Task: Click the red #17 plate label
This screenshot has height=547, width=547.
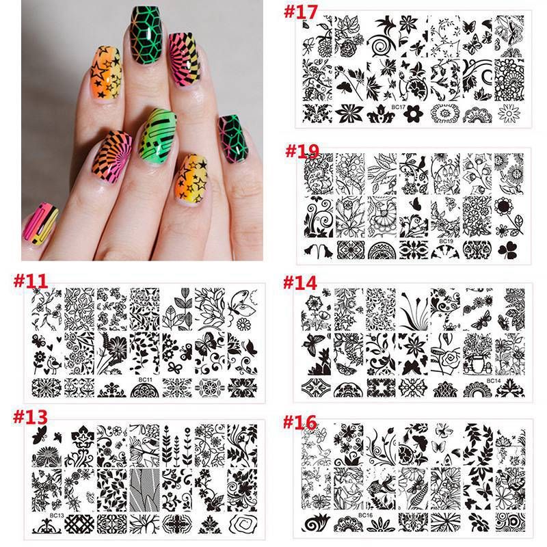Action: tap(300, 12)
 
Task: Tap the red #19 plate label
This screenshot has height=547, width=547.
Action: tap(302, 151)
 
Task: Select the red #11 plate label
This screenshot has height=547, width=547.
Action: tap(30, 281)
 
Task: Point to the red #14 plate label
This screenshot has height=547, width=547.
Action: tap(300, 282)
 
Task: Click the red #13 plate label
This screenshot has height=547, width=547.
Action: tap(30, 416)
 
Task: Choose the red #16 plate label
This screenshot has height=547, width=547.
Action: tap(299, 422)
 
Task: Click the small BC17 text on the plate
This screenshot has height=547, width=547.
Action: tap(398, 107)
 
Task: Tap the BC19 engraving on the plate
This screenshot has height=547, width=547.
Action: tap(446, 241)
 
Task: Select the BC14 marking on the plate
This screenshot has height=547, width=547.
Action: tap(494, 381)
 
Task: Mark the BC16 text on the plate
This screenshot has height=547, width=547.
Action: tap(365, 516)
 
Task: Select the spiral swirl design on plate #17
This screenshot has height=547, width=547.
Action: tap(381, 45)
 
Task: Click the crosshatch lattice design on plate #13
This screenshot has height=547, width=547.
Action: tap(79, 524)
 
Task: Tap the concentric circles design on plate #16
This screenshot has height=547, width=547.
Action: tap(510, 522)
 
